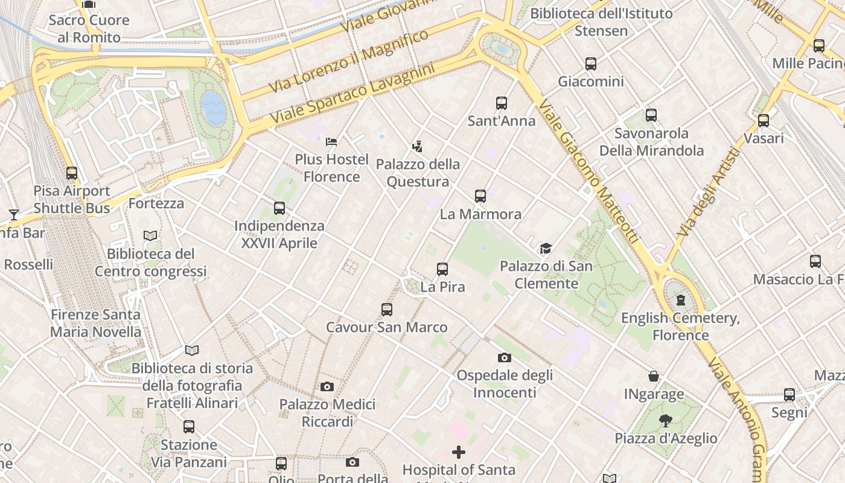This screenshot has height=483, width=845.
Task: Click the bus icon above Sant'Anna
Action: tap(502, 103)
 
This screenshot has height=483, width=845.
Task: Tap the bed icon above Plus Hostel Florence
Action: tap(331, 142)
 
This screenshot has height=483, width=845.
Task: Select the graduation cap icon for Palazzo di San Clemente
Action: tap(546, 248)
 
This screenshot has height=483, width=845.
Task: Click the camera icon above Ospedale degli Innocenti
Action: tap(504, 357)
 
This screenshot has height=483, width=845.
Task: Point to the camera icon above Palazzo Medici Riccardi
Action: tap(327, 386)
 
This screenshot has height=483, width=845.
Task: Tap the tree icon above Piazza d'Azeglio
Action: tap(666, 421)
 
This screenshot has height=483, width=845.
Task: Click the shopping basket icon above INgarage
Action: tap(654, 377)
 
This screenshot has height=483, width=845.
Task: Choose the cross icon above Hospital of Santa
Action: tap(459, 452)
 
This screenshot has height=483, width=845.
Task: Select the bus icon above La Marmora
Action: tap(480, 196)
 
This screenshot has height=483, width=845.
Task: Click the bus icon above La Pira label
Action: tap(442, 269)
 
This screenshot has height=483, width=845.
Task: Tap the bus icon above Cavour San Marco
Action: tap(387, 310)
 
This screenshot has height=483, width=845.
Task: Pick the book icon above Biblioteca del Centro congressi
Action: tap(150, 236)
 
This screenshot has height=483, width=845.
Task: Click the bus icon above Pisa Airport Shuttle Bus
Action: tap(72, 173)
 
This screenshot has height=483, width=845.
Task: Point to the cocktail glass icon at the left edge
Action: tap(13, 214)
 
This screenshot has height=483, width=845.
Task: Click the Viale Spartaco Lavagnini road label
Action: tap(352, 95)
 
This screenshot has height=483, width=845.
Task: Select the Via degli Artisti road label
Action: tap(709, 193)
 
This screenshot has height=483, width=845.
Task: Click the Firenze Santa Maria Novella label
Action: tap(95, 323)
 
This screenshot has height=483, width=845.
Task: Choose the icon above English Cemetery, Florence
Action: tap(681, 300)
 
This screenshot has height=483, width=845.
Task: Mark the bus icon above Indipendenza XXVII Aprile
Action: tap(279, 208)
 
